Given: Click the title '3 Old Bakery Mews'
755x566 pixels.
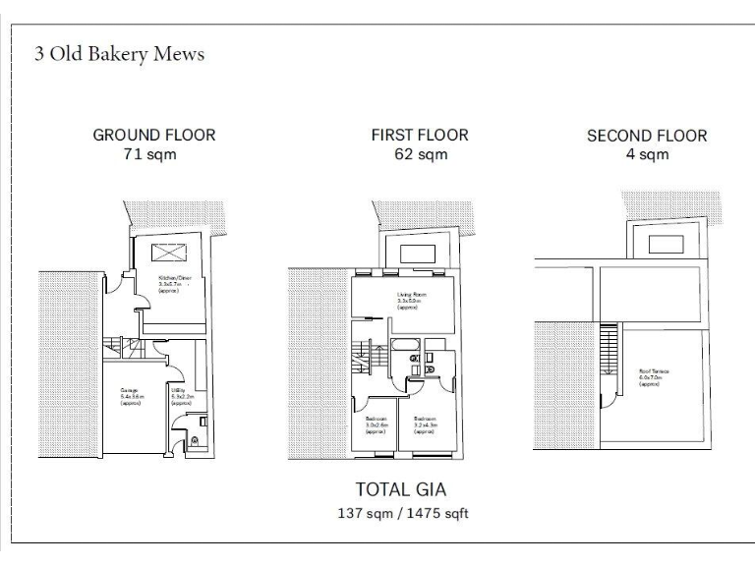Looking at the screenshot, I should coord(120,54).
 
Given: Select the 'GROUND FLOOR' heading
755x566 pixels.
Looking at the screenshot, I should coord(153,135).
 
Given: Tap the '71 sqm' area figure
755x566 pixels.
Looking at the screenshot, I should coord(153,154).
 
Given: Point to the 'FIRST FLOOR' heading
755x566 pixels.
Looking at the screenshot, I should coord(420,135).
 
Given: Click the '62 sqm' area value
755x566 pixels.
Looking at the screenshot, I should coord(420,154).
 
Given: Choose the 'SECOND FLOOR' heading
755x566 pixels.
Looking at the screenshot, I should coord(647,136).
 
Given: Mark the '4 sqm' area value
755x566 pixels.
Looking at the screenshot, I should coord(647,155).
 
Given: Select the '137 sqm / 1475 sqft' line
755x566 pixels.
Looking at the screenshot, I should coord(404,513).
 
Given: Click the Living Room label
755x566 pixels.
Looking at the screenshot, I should coord(411,300).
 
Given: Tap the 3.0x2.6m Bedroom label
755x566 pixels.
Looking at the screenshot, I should coord(376,424).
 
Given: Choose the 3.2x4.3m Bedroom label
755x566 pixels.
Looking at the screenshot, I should coord(425,424).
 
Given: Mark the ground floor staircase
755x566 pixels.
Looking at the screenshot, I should coord(123,349).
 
